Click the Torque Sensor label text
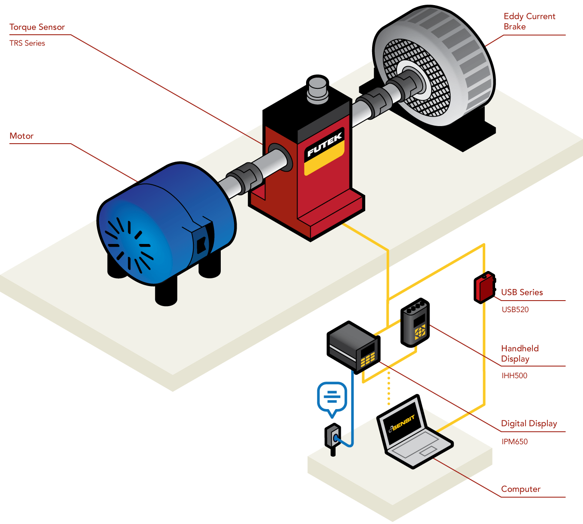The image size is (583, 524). pos(37,27)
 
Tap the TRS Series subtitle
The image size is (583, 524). pos(27,43)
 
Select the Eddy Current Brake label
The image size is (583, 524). pos(529,21)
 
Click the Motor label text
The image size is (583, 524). pos(21,136)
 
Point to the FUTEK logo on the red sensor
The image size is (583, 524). pos(325,145)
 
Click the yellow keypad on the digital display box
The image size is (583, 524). pos(367,358)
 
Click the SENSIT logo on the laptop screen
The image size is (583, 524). pos(403,423)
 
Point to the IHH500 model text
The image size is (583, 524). pos(514,376)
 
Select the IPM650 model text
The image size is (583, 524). pos(514,442)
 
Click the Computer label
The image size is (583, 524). pos(520,489)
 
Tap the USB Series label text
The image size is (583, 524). pos(522,292)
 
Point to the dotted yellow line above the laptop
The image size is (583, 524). pos(389,388)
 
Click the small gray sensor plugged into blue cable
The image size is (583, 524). pos(333,437)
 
